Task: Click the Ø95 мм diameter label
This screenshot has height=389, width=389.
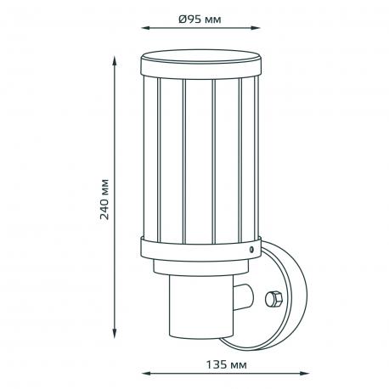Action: pyautogui.click(x=200, y=20)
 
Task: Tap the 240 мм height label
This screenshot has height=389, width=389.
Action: pyautogui.click(x=104, y=200)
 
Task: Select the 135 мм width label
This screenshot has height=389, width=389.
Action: pyautogui.click(x=226, y=364)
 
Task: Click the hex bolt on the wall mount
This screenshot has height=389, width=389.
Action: pyautogui.click(x=273, y=299)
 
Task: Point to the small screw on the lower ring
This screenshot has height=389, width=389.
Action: pyautogui.click(x=251, y=250)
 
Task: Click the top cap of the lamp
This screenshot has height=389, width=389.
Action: pyautogui.click(x=201, y=64)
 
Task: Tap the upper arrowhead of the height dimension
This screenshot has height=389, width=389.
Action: pyautogui.click(x=115, y=61)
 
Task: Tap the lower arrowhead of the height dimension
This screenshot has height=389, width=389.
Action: pyautogui.click(x=115, y=333)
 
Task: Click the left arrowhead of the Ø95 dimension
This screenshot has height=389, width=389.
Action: pyautogui.click(x=146, y=28)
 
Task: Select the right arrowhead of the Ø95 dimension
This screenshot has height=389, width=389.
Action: pyautogui.click(x=255, y=28)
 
